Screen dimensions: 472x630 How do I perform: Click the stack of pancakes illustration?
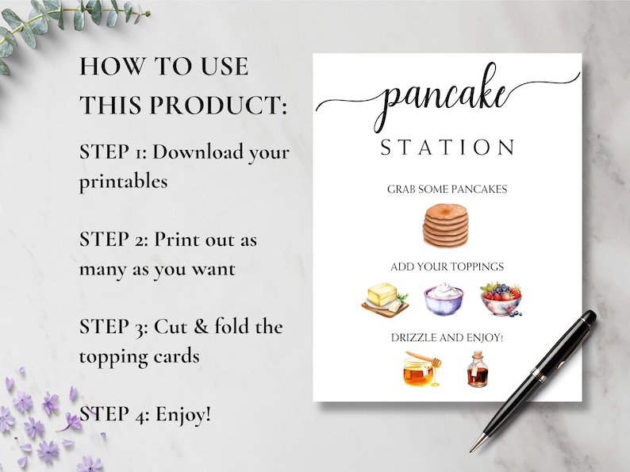[x=445, y=224]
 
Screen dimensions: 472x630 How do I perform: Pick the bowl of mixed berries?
[x=500, y=299]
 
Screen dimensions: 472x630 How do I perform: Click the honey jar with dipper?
[x=419, y=369]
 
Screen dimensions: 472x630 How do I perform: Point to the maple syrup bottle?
[x=477, y=370]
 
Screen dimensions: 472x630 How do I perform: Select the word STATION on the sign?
[x=448, y=148]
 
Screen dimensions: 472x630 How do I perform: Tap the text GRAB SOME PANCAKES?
[x=447, y=189]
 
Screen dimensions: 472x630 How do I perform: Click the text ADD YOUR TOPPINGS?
[x=447, y=267]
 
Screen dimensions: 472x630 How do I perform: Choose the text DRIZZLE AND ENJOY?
[x=447, y=337]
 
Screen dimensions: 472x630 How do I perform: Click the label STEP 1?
[x=113, y=152]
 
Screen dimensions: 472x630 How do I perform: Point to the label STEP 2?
[x=113, y=239]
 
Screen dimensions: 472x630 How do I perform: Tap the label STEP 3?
[x=113, y=326]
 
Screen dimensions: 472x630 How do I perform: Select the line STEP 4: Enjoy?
[x=145, y=413]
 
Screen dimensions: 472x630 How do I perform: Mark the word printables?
[x=123, y=182]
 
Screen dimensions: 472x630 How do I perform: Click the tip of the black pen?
[x=471, y=451]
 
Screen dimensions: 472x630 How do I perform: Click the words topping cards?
[x=139, y=356]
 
